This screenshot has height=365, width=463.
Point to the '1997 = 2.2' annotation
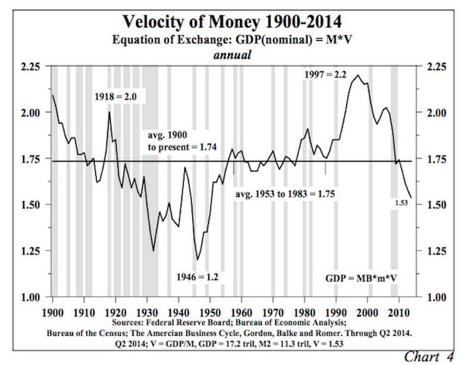[x=324, y=74]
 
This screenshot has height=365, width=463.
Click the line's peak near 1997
[x=358, y=75]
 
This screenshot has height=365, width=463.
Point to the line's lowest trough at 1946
[x=198, y=259]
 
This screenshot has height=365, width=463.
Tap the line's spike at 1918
[x=109, y=112]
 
